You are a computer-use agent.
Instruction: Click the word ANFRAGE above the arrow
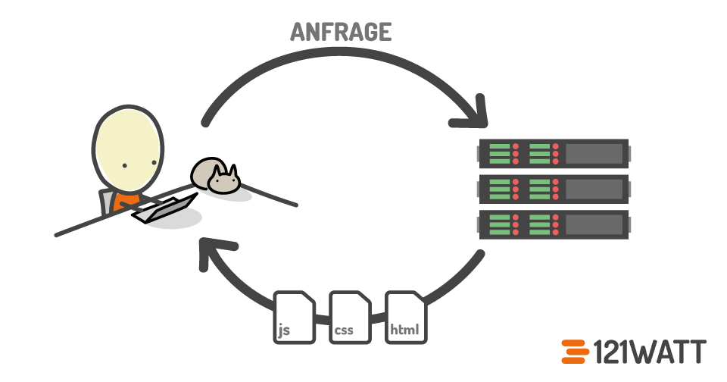(x=341, y=32)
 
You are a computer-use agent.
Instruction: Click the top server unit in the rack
(x=553, y=154)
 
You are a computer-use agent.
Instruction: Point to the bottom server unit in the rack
(x=553, y=225)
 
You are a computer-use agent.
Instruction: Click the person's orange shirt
(x=127, y=202)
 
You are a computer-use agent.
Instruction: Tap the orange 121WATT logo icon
(x=576, y=352)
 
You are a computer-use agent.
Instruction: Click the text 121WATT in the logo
(x=650, y=352)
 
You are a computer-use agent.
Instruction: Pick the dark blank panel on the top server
(x=594, y=154)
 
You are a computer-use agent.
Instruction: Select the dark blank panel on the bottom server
(x=594, y=225)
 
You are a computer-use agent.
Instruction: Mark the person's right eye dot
(x=154, y=162)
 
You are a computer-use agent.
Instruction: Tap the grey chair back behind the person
(x=105, y=200)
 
